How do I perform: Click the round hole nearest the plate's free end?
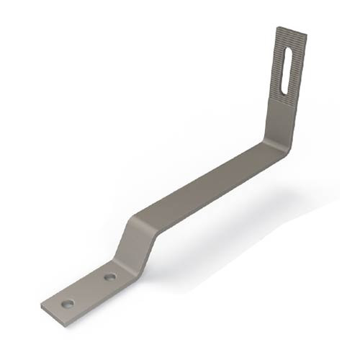[x=67, y=304]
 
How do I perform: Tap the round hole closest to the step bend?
[x=110, y=276]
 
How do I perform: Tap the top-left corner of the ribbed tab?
[x=277, y=27]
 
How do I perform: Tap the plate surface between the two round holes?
[x=89, y=290]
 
